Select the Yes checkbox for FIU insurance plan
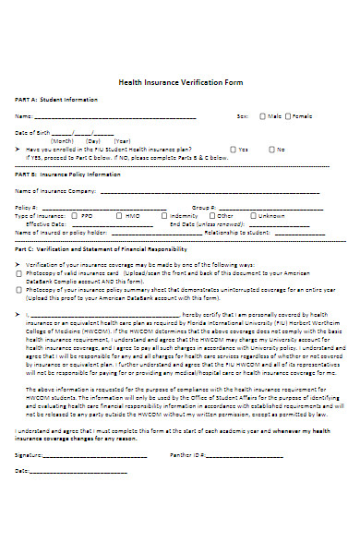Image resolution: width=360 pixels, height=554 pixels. (x=234, y=149)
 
